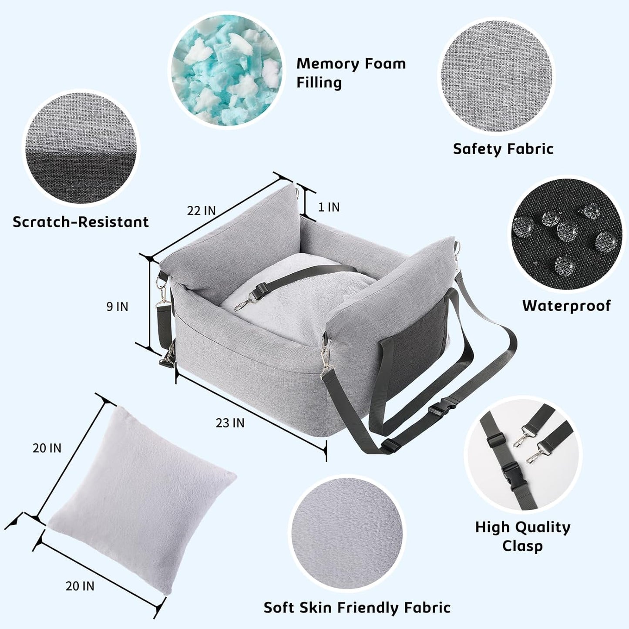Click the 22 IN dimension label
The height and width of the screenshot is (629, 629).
pos(201,211)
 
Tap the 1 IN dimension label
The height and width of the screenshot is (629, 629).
pos(329,207)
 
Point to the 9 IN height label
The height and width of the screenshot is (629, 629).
pos(117,306)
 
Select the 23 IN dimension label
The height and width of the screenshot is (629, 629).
pos(230,423)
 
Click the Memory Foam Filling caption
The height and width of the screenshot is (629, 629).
pos(351,73)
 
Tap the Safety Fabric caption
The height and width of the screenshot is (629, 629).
pos(503,149)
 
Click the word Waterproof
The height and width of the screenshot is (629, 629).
pos(566,306)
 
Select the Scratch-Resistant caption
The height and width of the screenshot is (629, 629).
pos(81,222)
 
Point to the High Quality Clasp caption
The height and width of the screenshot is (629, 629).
pos(522,536)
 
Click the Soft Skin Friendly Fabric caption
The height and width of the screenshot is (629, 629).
pos(357,607)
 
